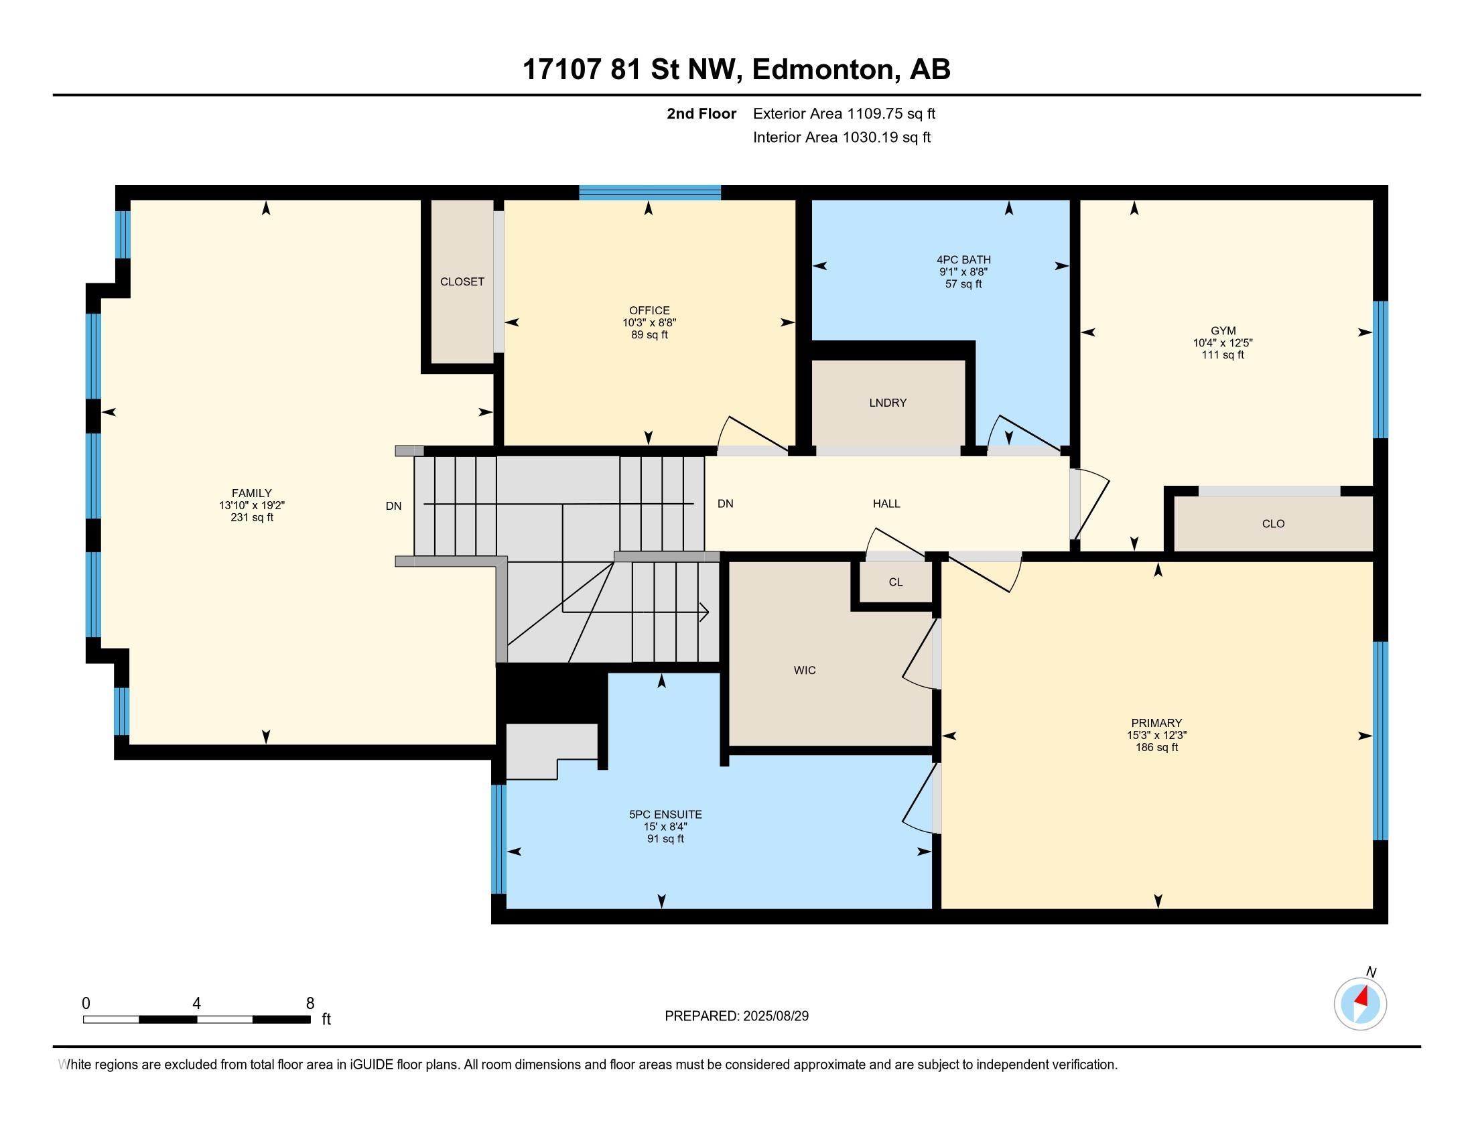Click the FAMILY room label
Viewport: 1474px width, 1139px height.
[252, 493]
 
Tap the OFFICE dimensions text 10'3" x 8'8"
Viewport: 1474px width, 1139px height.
[649, 322]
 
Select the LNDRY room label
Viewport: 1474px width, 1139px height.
[888, 403]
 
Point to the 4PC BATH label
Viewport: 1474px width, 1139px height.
[963, 260]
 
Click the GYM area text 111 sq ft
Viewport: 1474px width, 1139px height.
[1222, 355]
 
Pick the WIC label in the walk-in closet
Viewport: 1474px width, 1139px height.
[805, 670]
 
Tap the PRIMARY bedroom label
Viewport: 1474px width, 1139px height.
[1157, 723]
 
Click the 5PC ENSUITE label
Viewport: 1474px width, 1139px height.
[665, 815]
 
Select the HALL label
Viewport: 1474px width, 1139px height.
[886, 503]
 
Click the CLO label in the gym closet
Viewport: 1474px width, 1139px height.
[1273, 524]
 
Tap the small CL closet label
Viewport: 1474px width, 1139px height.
[896, 582]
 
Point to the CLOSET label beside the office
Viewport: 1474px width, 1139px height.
[462, 281]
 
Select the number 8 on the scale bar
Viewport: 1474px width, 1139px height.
[310, 1004]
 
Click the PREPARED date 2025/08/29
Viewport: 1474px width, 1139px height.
[775, 1016]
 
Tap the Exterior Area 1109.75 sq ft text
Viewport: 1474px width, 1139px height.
[844, 113]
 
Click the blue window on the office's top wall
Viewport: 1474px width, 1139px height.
[650, 192]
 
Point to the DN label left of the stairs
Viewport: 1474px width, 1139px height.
[393, 506]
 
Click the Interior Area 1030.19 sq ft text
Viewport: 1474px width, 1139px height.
[842, 137]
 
